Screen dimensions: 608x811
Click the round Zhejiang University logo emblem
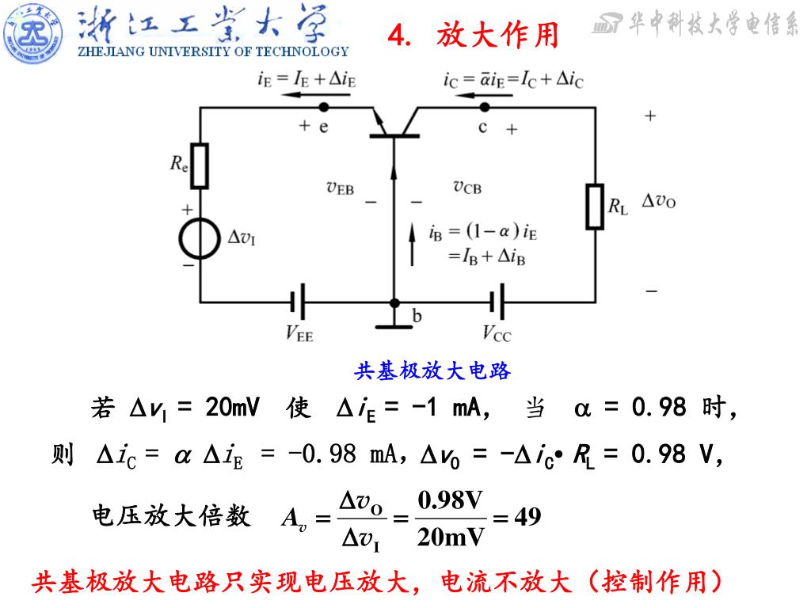(32, 32)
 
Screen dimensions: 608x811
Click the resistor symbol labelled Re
(200, 165)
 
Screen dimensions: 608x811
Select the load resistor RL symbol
(595, 206)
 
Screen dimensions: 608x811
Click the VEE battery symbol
(298, 302)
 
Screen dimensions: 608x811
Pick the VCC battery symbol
(497, 302)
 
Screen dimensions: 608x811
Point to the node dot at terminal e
(323, 106)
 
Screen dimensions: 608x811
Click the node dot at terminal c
(485, 106)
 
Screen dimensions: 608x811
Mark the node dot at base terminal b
(394, 302)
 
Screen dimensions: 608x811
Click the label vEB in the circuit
(341, 188)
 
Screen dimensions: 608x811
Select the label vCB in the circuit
(466, 187)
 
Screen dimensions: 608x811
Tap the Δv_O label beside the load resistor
(658, 201)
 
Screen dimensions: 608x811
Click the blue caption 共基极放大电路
(432, 370)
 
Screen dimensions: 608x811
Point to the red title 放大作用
(497, 35)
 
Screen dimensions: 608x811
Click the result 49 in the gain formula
(527, 518)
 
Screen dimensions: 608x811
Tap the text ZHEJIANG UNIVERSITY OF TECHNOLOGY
(212, 52)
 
